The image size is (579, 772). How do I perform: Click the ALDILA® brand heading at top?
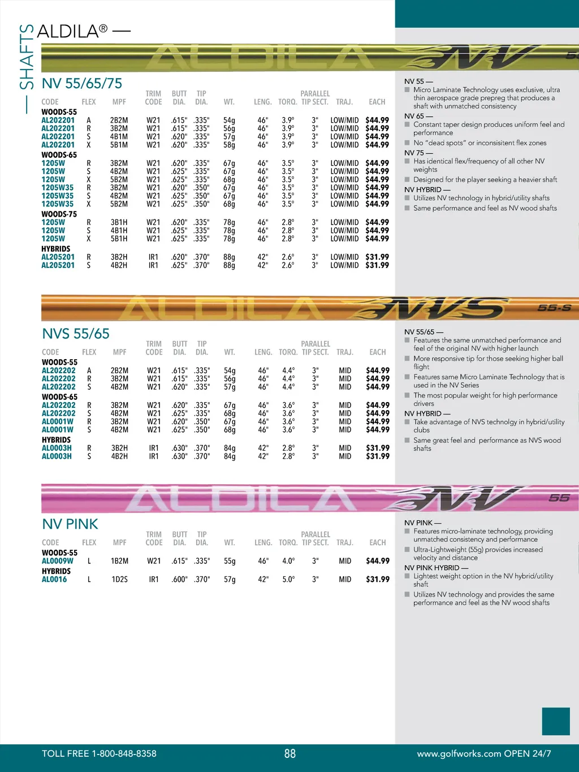coord(72,31)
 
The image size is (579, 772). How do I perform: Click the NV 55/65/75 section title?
coord(82,84)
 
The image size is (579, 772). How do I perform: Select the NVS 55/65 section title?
coord(76,334)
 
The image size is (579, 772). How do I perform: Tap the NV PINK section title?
coord(70,524)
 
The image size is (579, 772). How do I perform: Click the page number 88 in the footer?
coord(289,753)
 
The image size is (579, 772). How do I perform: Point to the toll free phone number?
coord(99,753)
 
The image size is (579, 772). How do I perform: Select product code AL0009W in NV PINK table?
coord(58,561)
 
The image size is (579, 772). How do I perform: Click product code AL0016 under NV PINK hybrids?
coord(54,579)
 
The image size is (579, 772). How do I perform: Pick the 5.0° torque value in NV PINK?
coord(288,579)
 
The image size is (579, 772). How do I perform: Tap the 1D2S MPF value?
coord(119,579)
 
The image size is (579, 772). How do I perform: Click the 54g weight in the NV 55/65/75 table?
coord(229,120)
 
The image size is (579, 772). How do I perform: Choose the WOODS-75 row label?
coord(59,214)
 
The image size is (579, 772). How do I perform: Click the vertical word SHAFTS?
coord(27,57)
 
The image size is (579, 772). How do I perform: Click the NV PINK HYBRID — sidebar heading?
coord(436,568)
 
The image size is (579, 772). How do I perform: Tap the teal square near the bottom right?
coord(556,721)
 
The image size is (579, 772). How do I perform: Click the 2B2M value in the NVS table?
coord(119,371)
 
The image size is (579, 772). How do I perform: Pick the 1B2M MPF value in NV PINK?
coord(119,561)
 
